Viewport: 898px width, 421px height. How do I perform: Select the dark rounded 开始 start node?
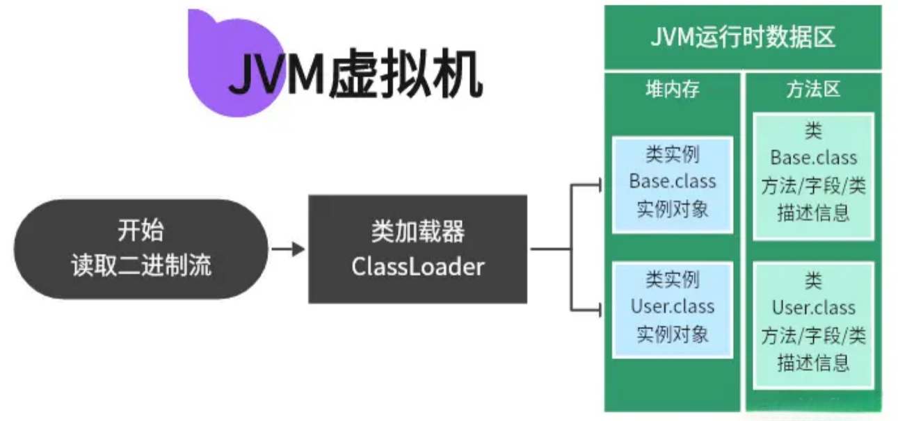click(x=141, y=249)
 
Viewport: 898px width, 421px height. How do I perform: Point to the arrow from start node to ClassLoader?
click(x=288, y=249)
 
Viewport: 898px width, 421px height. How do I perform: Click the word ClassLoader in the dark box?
click(x=417, y=266)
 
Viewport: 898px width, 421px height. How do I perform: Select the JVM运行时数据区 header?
click(x=742, y=37)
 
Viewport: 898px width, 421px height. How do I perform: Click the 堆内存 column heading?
click(x=672, y=90)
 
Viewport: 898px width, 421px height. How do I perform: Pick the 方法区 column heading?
click(x=813, y=90)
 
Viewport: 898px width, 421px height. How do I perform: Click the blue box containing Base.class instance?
click(x=672, y=183)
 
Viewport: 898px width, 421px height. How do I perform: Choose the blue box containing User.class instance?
click(x=672, y=309)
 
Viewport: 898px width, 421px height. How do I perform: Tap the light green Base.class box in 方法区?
click(x=813, y=176)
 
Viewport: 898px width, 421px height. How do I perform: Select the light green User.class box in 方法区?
click(x=813, y=324)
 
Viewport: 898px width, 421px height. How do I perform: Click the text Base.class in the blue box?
click(x=672, y=181)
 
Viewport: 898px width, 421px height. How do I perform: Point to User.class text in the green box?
click(x=813, y=308)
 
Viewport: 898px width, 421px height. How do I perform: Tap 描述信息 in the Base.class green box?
click(x=813, y=212)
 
